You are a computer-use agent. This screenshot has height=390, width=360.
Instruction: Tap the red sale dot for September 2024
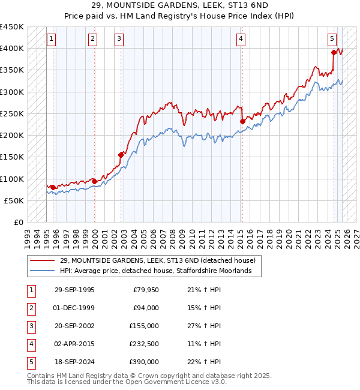click(333, 53)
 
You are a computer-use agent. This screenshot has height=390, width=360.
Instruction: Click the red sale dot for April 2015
click(242, 121)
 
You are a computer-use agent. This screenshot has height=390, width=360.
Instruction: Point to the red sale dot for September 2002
click(121, 155)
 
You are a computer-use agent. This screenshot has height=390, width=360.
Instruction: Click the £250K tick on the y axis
click(12, 113)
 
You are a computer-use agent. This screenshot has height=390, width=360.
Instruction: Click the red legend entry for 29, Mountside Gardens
click(158, 260)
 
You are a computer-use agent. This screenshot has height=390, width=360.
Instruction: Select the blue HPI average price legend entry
click(160, 271)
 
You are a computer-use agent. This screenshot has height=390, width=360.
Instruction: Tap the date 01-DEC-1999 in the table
click(74, 308)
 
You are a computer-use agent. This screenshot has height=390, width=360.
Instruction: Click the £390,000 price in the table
click(144, 362)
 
